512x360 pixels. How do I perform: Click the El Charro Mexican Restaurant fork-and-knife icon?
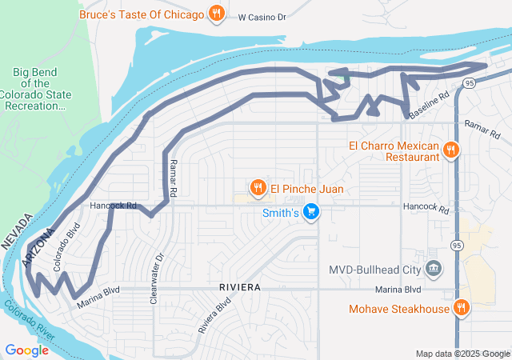(451, 150)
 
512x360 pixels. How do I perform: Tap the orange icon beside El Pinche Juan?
(258, 189)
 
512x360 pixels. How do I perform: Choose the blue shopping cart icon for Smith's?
(311, 212)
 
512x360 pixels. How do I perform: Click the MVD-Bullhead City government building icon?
(433, 268)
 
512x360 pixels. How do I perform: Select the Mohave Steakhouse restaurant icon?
(462, 308)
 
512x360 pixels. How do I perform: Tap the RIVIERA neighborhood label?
(239, 286)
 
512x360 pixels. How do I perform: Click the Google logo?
(26, 350)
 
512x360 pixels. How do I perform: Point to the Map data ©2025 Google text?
(462, 354)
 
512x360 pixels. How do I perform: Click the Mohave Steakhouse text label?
(398, 309)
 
